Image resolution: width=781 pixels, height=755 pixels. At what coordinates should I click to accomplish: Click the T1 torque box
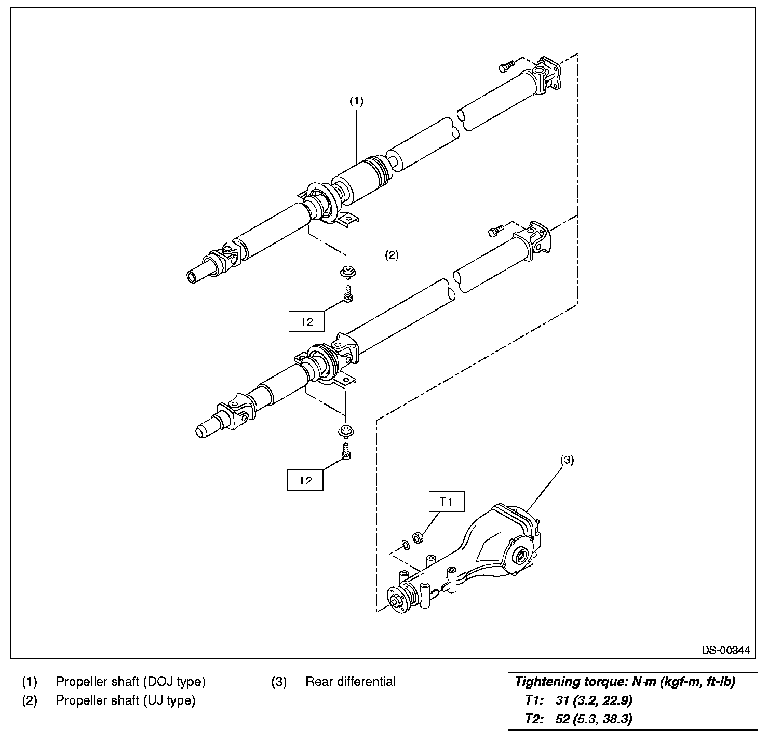point(446,502)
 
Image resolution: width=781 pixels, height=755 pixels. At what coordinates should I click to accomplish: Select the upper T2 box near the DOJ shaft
point(306,321)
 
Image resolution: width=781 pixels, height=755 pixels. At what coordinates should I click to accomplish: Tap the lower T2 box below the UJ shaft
point(305,480)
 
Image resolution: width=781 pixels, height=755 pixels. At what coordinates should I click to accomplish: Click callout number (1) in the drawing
point(356,101)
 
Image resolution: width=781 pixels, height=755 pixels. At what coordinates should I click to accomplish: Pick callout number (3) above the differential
point(567,460)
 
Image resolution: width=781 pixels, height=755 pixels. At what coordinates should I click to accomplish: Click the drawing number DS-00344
point(726,650)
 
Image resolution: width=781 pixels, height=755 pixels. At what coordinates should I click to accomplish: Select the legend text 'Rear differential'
point(351,682)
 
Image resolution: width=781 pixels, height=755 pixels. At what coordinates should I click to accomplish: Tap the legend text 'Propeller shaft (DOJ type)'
point(131,682)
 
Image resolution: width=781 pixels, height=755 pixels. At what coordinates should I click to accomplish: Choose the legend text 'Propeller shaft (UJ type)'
point(126,700)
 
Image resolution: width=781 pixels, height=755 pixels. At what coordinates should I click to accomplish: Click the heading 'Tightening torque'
point(624,682)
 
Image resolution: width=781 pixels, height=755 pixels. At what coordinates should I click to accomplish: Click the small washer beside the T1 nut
point(405,544)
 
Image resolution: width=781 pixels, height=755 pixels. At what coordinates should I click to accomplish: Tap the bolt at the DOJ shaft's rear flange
point(506,66)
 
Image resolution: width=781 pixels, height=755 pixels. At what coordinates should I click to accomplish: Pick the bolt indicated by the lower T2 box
point(346,452)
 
